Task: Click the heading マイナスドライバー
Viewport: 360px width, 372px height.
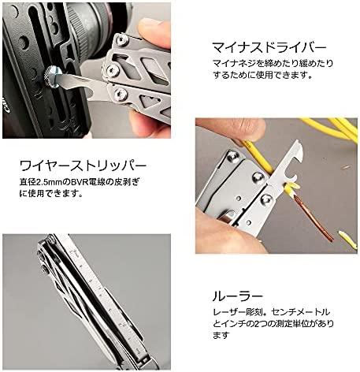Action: pyautogui.click(x=269, y=47)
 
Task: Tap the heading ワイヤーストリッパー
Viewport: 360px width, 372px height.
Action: pyautogui.click(x=83, y=166)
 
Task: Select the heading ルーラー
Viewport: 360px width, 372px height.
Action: pyautogui.click(x=238, y=296)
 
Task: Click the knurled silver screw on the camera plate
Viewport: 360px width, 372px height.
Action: pyautogui.click(x=53, y=76)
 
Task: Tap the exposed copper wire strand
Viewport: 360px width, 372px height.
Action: pyautogui.click(x=314, y=219)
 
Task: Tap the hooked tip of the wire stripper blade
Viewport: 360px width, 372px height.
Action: pyautogui.click(x=299, y=147)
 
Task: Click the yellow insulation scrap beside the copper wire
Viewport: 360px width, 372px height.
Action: pyautogui.click(x=348, y=239)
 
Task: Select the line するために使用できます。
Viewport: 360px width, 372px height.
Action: pyautogui.click(x=263, y=76)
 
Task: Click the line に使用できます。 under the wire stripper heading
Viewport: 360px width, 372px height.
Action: pyautogui.click(x=51, y=194)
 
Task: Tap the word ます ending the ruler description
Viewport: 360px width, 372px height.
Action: pyautogui.click(x=221, y=335)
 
